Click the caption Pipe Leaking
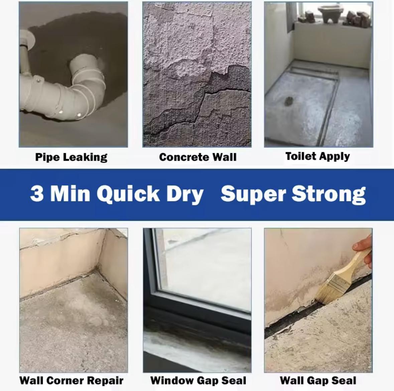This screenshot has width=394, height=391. click(x=71, y=157)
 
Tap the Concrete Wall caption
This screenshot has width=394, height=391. click(x=198, y=157)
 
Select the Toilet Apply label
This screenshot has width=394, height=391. click(x=317, y=156)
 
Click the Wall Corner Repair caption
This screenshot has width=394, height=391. click(x=72, y=380)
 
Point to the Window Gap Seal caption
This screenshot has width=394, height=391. click(x=198, y=380)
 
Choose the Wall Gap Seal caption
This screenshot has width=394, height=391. click(x=318, y=380)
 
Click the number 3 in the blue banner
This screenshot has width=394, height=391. click(x=37, y=193)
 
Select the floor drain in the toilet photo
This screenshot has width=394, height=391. click(x=288, y=101)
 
